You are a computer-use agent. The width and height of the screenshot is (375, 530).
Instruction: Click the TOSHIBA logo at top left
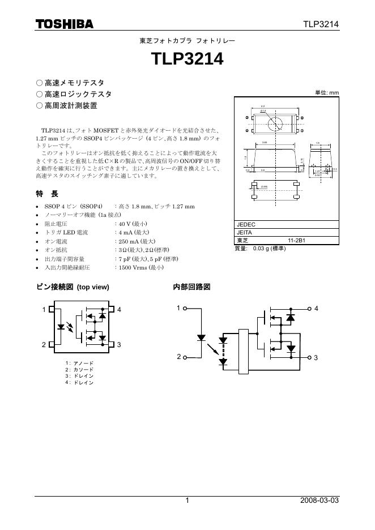(65, 24)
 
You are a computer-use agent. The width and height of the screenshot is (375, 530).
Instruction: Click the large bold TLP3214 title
(187, 59)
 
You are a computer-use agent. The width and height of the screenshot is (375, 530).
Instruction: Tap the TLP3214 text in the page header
(321, 24)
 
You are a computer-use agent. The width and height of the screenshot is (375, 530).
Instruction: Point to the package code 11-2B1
(297, 241)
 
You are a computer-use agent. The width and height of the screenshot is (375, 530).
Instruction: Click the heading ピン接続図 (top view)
(72, 287)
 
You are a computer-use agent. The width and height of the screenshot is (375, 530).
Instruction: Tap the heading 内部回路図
(191, 287)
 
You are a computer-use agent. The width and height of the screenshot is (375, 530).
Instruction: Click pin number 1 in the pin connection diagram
(44, 310)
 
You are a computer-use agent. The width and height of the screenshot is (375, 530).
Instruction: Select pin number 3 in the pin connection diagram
(120, 345)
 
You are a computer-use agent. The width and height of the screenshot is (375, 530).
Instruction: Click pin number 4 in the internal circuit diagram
(316, 309)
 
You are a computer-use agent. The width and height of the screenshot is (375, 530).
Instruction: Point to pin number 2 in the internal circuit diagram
(178, 357)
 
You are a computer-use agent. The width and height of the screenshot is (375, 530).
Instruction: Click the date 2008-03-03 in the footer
(319, 501)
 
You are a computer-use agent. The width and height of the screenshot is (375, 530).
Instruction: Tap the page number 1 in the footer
(187, 501)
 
